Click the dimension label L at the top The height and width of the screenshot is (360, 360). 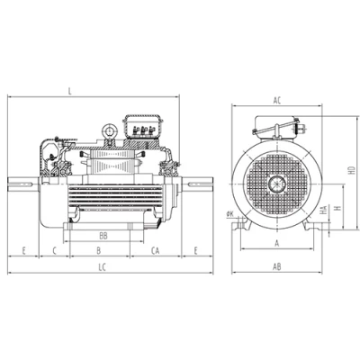pos(70,91)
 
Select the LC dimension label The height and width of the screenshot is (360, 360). pos(103,267)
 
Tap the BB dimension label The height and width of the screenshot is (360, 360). pos(103,236)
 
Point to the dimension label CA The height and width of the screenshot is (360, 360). pos(155,250)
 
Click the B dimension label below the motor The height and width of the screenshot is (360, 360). pos(99,250)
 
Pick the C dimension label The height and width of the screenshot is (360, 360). pos(55,250)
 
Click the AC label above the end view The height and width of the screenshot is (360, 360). pos(277,101)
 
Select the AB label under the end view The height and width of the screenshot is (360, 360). pos(277,266)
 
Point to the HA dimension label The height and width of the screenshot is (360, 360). pos(323,210)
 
